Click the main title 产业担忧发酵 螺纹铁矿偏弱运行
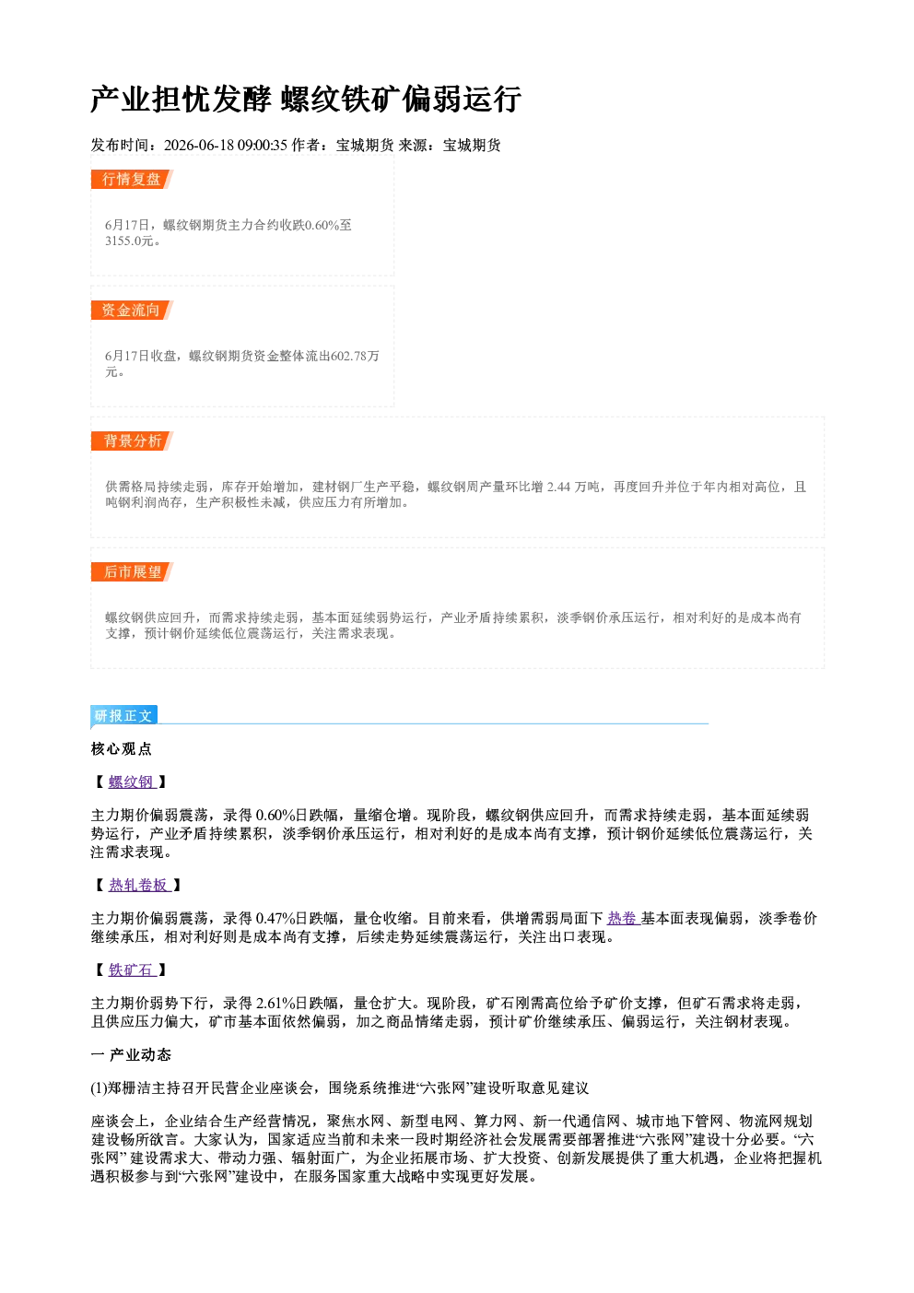point(306,99)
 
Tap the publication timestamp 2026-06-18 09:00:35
point(226,145)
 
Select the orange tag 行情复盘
point(132,179)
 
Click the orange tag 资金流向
point(132,310)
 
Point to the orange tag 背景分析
point(132,441)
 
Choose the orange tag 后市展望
point(132,572)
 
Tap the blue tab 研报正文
point(123,716)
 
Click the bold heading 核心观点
point(122,749)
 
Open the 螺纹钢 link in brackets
point(132,782)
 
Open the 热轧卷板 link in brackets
point(139,886)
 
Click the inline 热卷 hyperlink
point(623,919)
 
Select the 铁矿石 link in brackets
point(132,970)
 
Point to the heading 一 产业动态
point(131,1055)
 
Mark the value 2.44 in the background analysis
point(558,488)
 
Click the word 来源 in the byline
point(413,145)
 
